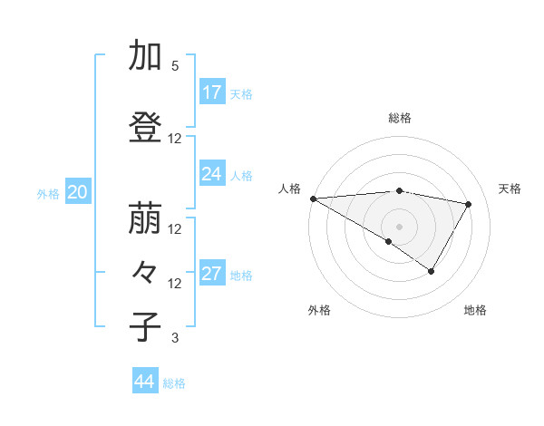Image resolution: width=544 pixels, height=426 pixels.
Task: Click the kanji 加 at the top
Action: pos(144,56)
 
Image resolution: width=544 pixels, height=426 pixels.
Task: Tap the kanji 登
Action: pos(144,128)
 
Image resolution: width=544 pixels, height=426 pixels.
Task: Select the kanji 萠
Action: pos(144,218)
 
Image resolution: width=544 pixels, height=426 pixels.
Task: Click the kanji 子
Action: pos(144,327)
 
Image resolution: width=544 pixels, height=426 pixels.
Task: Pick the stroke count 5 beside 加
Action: pos(175,66)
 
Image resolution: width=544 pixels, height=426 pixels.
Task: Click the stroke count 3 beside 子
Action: pos(175,338)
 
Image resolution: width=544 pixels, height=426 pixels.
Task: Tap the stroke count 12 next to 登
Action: pos(175,139)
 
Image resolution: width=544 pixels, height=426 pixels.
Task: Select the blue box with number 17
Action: pos(212,92)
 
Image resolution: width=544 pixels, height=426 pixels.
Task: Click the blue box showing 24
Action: pos(212,174)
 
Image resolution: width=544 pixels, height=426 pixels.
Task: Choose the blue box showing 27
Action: pos(212,274)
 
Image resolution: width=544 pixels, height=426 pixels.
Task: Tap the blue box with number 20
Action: pos(77,192)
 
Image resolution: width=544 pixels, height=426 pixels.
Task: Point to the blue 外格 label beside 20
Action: pos(48,193)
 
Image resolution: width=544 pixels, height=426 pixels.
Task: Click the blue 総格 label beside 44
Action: pos(174,382)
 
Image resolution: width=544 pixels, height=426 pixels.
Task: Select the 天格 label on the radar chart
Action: pos(510,189)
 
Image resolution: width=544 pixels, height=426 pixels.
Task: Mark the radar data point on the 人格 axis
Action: pos(313,198)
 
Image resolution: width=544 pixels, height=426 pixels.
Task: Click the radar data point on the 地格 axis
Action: pos(432,271)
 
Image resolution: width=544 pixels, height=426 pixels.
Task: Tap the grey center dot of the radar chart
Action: pos(399,226)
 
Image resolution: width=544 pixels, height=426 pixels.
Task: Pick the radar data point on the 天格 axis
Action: pos(468,204)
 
